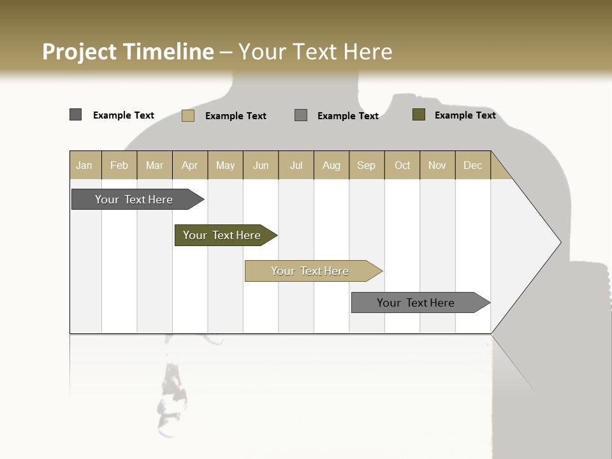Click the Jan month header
coord(85,165)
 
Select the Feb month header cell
coord(119,165)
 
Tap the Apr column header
coord(190,165)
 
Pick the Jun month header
coord(261,165)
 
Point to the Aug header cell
coord(331,165)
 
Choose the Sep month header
coord(367,165)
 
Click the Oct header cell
coord(402,165)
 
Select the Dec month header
coord(473,165)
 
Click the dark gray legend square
coord(76,115)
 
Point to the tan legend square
coord(188,115)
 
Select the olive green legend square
coord(419,115)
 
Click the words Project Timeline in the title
coord(127,52)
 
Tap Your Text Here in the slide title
coord(316,52)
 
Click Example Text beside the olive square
coord(465,115)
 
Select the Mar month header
coord(155,165)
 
